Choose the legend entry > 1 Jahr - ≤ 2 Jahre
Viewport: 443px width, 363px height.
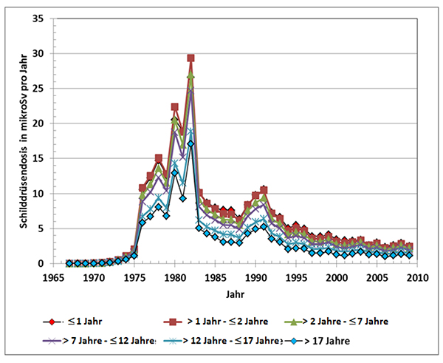219,322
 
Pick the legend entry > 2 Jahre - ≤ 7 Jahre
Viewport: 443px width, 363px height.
344,322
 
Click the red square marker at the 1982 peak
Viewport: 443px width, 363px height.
190,58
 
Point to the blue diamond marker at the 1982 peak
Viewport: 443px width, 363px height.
190,143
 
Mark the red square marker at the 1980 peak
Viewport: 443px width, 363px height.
174,107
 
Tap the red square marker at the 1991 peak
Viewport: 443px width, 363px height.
264,190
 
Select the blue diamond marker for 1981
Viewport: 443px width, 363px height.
182,198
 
